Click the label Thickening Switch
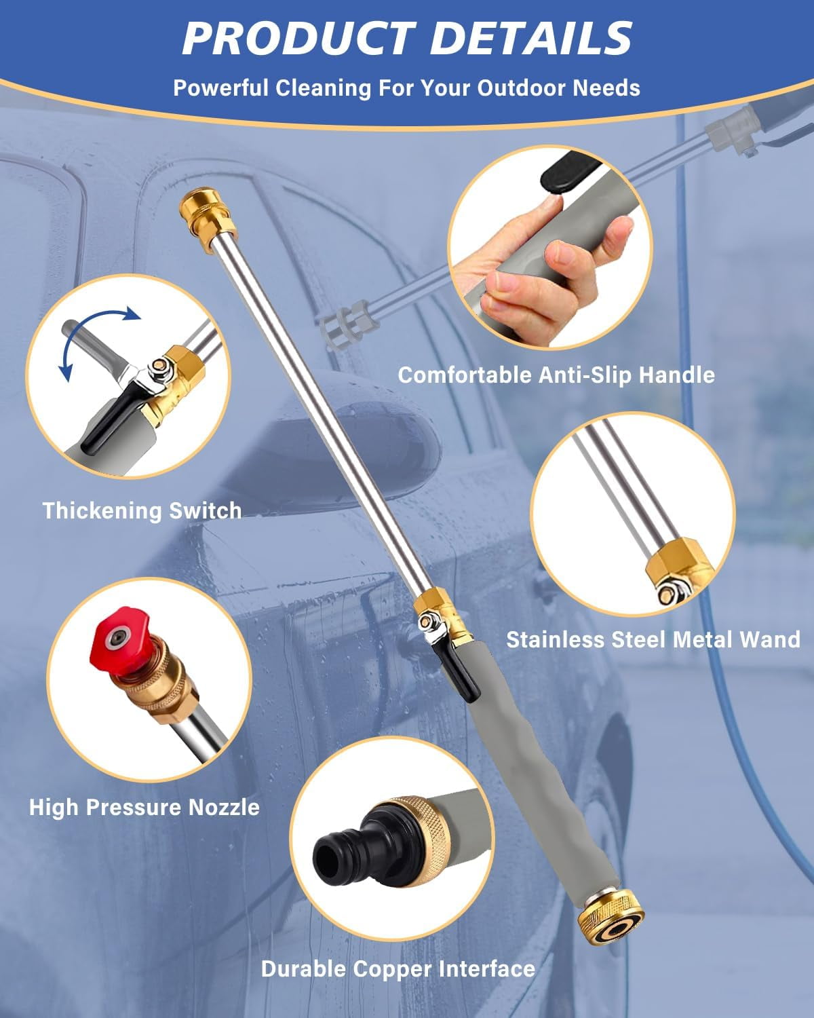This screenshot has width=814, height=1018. [142, 510]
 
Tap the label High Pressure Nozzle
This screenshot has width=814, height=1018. [144, 807]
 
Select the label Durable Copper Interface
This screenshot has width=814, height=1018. [398, 968]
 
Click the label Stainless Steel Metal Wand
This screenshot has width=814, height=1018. [653, 639]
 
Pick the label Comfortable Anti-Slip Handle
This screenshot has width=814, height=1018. [556, 375]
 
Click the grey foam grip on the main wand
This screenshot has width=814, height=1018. [529, 780]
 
